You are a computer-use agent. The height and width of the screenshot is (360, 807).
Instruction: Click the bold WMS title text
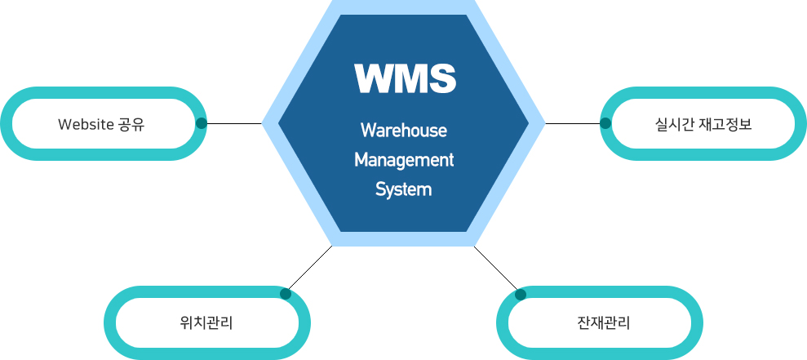pyautogui.click(x=405, y=78)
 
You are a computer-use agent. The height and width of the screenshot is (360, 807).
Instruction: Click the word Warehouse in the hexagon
pyautogui.click(x=404, y=131)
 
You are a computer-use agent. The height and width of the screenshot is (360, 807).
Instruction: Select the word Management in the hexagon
pyautogui.click(x=404, y=160)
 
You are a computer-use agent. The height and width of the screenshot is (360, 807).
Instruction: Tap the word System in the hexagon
pyautogui.click(x=403, y=189)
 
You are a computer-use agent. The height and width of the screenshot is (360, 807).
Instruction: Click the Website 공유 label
pyautogui.click(x=101, y=124)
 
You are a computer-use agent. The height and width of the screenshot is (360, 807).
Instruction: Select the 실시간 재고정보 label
pyautogui.click(x=703, y=124)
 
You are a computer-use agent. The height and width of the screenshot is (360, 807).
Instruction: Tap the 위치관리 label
pyautogui.click(x=206, y=322)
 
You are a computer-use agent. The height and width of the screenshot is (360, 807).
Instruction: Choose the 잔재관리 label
pyautogui.click(x=603, y=322)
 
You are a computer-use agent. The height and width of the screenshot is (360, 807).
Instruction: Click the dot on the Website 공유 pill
pyautogui.click(x=202, y=124)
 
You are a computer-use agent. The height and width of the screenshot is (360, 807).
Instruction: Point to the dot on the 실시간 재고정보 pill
pyautogui.click(x=605, y=124)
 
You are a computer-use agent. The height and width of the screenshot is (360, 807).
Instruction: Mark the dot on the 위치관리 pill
pyautogui.click(x=286, y=294)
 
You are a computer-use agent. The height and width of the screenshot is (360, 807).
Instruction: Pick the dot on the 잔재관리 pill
pyautogui.click(x=521, y=294)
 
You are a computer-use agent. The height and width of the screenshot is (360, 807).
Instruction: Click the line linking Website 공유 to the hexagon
pyautogui.click(x=233, y=124)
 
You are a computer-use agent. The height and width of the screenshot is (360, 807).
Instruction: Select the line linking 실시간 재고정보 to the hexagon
pyautogui.click(x=574, y=124)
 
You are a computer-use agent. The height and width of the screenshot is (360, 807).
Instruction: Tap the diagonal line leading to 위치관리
pyautogui.click(x=310, y=269)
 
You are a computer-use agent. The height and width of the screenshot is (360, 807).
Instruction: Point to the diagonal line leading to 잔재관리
pyautogui.click(x=496, y=269)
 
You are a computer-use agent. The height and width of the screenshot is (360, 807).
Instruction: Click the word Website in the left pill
pyautogui.click(x=85, y=124)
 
